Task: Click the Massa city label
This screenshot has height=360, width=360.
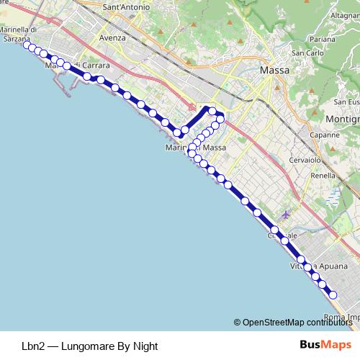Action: (274, 71)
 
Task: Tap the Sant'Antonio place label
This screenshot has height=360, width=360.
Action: (127, 7)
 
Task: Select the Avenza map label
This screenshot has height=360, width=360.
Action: (112, 37)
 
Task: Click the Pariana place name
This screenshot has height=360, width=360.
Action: (323, 39)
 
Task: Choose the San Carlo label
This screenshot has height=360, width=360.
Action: (307, 53)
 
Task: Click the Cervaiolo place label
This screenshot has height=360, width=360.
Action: (304, 160)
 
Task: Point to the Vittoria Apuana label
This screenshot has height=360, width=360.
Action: (318, 266)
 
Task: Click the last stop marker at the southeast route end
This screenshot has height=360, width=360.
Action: (333, 294)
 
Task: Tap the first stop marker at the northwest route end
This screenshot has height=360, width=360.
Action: (27, 45)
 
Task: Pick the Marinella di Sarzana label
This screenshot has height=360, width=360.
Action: (19, 34)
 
